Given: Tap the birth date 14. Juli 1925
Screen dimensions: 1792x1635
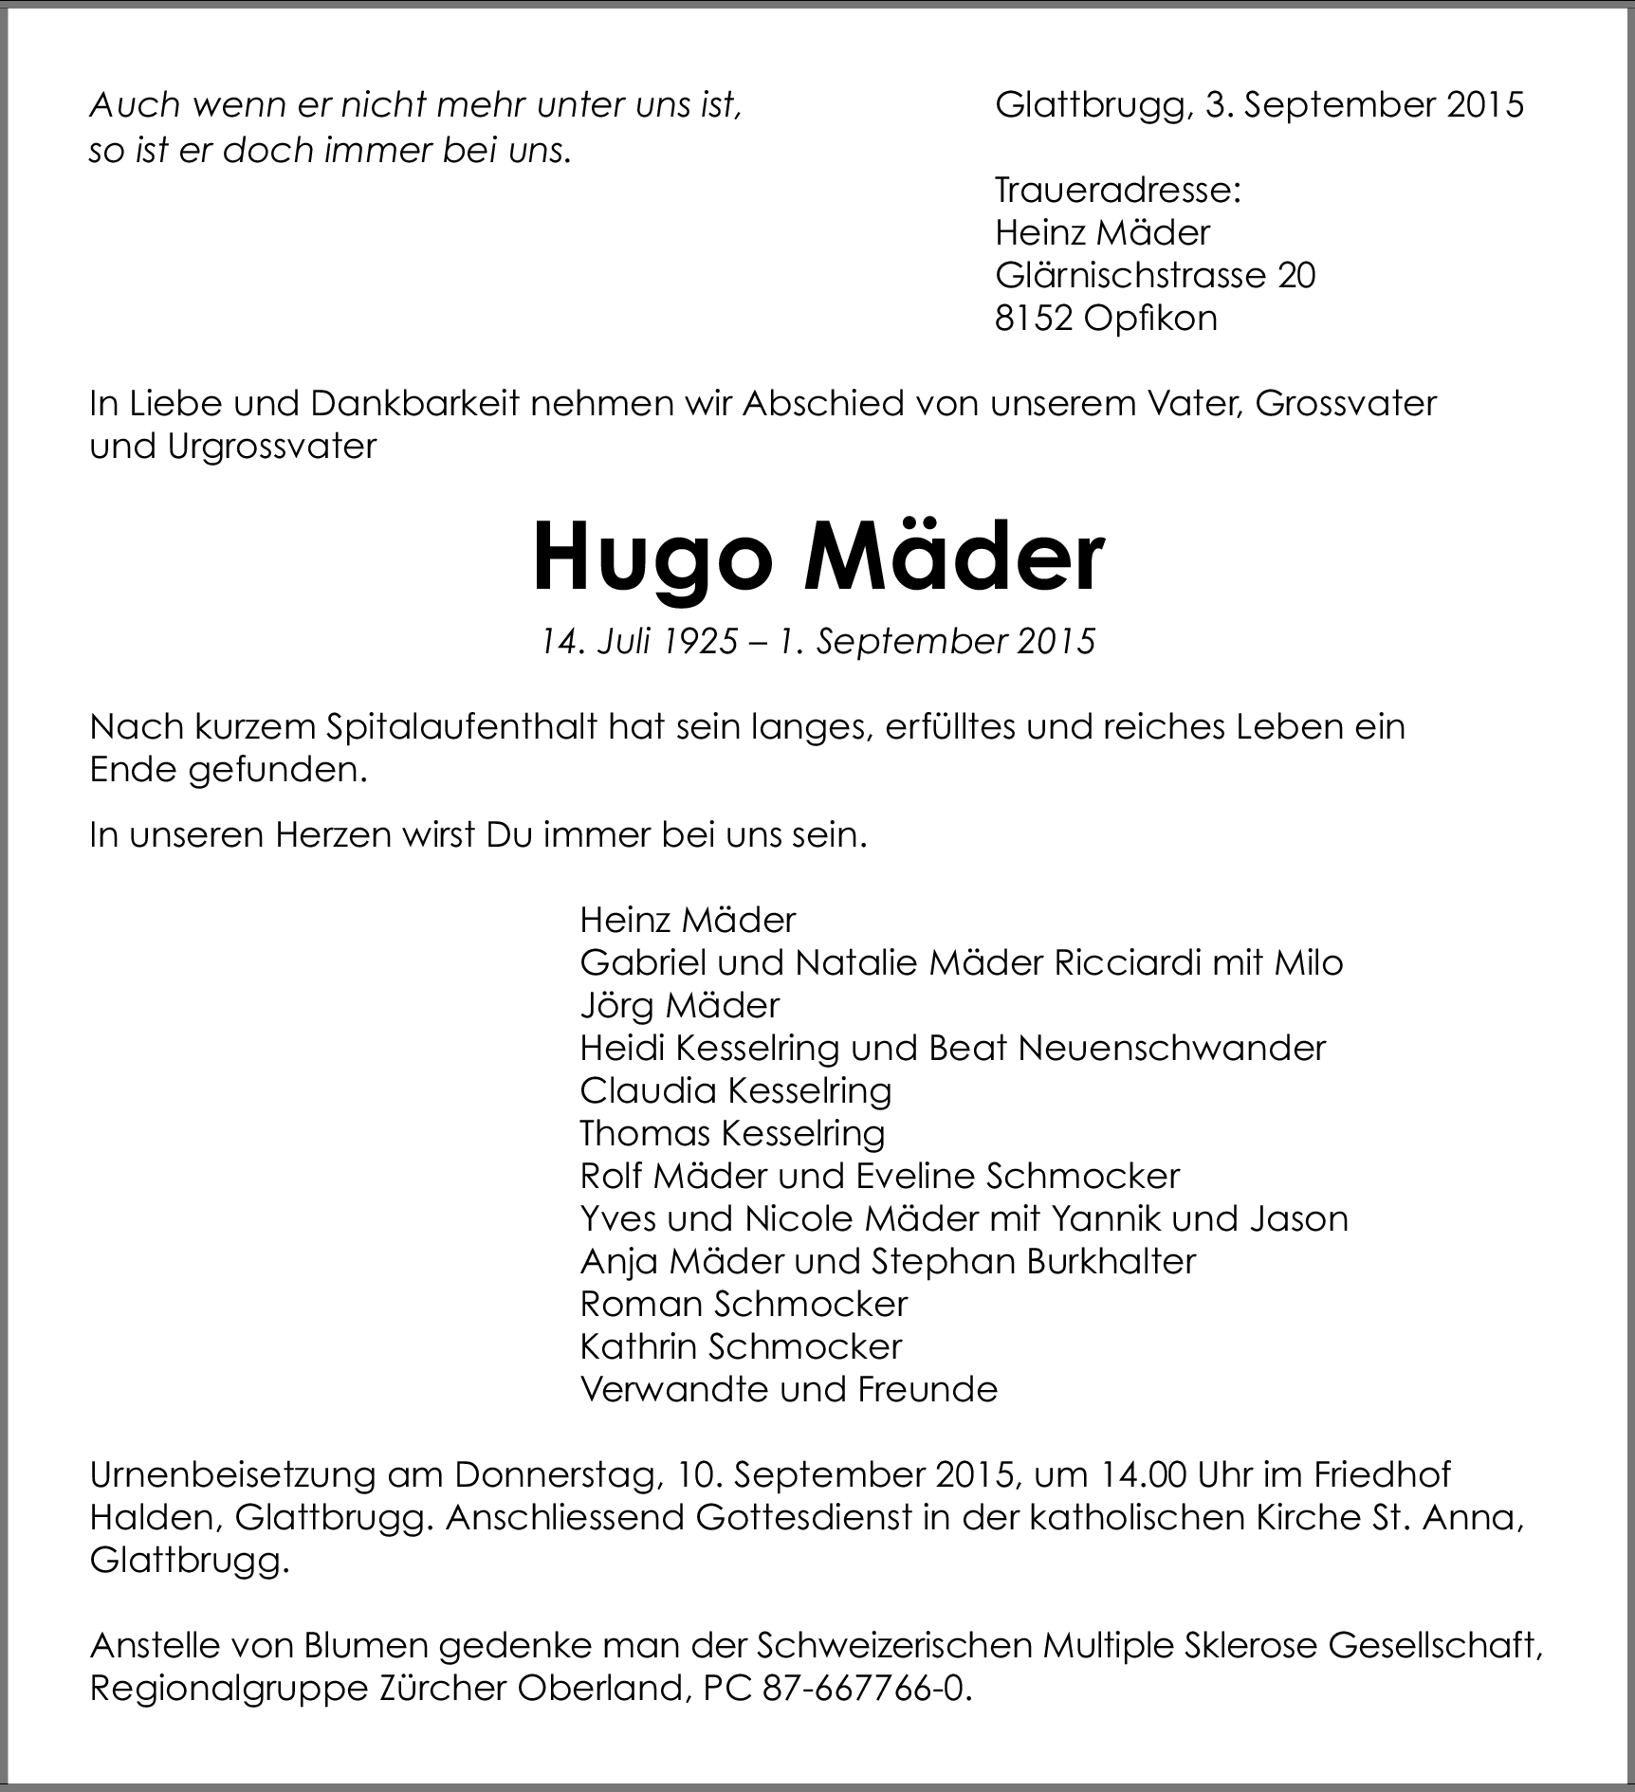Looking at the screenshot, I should [x=638, y=642].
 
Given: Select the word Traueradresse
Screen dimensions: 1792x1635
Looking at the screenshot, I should [x=1117, y=191].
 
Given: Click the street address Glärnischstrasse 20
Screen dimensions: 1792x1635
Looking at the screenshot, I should [x=1155, y=275].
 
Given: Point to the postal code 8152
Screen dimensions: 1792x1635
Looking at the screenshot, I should [x=1034, y=318].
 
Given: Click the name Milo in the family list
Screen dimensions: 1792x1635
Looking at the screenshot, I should [x=1309, y=962].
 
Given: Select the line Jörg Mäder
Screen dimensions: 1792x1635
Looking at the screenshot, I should [x=680, y=1005].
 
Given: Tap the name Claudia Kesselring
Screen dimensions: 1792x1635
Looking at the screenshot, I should [x=736, y=1090].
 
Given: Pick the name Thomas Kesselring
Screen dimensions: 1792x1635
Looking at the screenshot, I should [x=732, y=1133].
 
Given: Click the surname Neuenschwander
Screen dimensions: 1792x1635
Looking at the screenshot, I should [x=1171, y=1048].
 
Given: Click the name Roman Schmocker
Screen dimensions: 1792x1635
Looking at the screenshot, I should [x=744, y=1304].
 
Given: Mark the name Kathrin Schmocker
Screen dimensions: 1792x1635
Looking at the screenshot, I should [x=741, y=1346].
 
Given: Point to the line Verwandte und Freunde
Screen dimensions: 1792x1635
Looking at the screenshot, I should [x=789, y=1389].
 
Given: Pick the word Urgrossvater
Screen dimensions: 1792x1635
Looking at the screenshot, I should [x=272, y=447].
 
